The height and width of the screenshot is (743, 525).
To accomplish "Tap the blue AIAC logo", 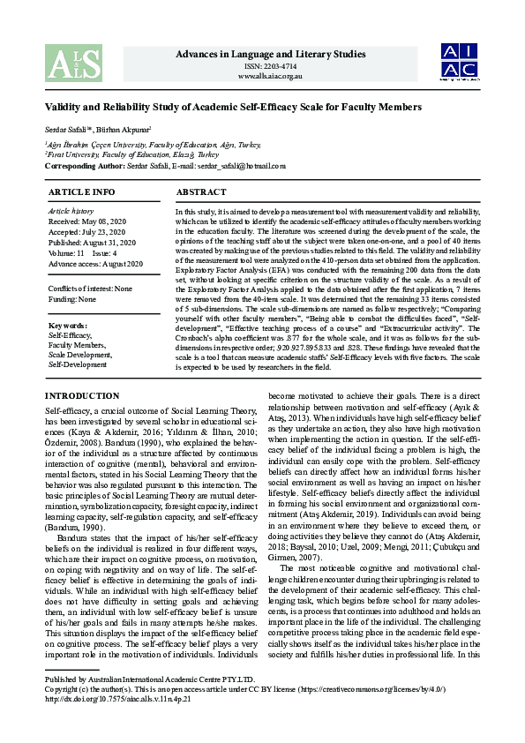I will pyautogui.click(x=460, y=61).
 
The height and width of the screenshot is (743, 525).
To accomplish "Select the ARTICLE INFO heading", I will pyautogui.click(x=81, y=191).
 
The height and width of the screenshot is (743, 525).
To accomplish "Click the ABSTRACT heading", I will pyautogui.click(x=202, y=191).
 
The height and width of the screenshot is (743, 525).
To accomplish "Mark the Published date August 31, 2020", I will pyautogui.click(x=93, y=243).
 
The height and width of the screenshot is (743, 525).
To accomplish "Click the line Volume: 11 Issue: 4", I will pyautogui.click(x=82, y=253).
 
